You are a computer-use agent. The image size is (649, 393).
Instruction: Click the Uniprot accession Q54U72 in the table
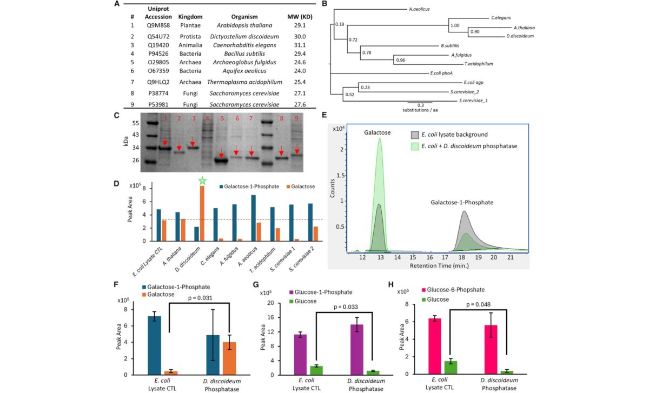(x=156, y=36)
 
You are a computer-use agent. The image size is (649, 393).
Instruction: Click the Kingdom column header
(x=189, y=16)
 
